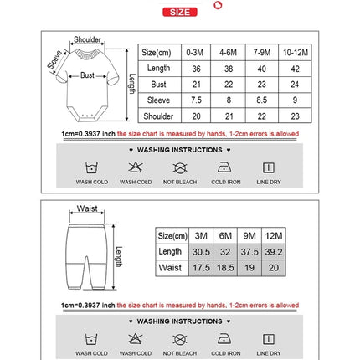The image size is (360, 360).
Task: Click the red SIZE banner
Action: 179,12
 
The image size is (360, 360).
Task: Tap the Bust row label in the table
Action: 158,84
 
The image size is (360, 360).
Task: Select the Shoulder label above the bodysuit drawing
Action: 88,39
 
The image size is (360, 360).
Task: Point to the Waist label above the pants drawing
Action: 87,208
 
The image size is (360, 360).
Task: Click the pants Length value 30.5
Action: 200,251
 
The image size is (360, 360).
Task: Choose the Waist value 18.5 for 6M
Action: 224,269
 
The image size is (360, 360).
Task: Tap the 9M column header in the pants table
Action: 249,235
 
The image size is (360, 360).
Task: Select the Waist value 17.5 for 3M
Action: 200,269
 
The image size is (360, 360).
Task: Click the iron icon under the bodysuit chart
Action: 224,167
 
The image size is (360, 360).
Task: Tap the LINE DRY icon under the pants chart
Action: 269,339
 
